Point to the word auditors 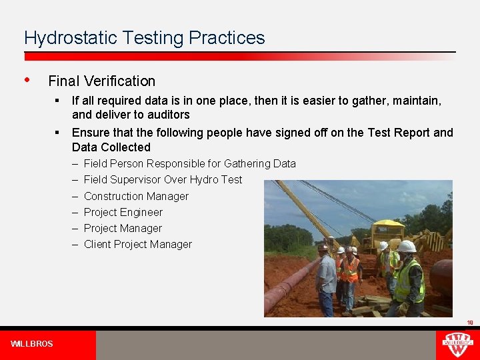[169, 115]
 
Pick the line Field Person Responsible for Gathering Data [189, 163]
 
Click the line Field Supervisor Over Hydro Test [163, 179]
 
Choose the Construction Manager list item [136, 196]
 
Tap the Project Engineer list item [123, 212]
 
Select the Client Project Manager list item [137, 244]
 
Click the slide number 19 [469, 323]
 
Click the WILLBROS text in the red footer [32, 344]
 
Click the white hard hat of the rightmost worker [407, 247]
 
